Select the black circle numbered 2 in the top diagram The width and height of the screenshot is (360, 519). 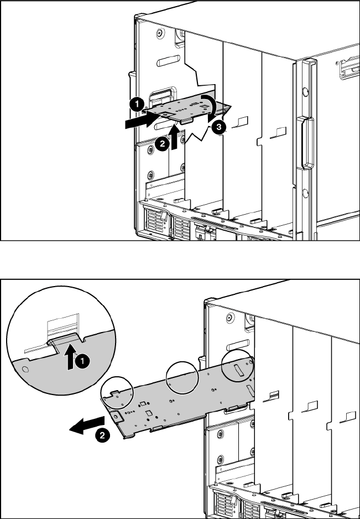[162, 144]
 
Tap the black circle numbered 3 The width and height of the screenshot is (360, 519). [219, 127]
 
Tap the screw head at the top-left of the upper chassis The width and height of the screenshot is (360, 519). [160, 33]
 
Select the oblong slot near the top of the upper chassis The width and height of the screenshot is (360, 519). [169, 61]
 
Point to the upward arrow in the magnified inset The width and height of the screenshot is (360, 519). [70, 356]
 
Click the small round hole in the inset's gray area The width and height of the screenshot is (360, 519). [24, 369]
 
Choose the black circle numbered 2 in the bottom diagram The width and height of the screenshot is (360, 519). [102, 435]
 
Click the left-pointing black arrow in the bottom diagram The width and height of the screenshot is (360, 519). [87, 425]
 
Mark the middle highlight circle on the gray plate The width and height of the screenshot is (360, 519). [182, 378]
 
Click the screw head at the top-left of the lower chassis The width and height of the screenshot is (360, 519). [231, 318]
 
